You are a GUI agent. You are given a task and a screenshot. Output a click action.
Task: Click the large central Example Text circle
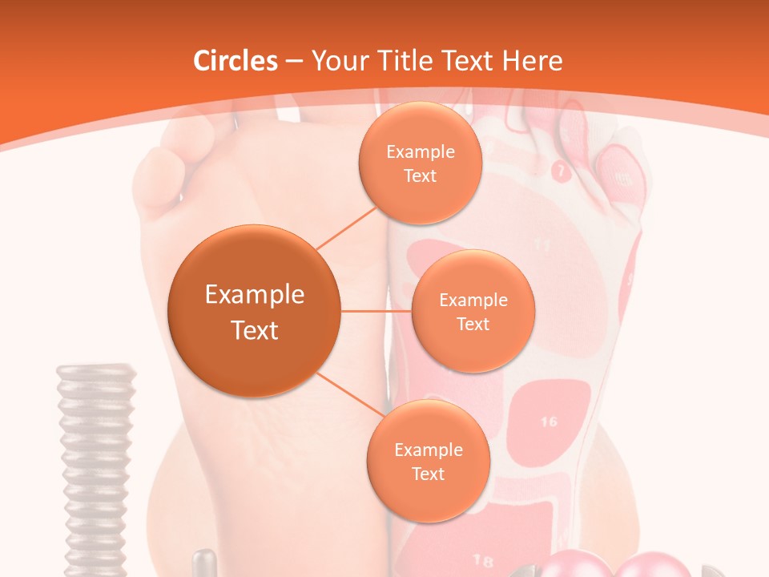tap(254, 311)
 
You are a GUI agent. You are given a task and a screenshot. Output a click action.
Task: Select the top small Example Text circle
tap(420, 163)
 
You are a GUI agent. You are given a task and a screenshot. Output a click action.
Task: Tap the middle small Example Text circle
tap(473, 311)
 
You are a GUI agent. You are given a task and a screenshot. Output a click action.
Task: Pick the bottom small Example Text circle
tap(428, 461)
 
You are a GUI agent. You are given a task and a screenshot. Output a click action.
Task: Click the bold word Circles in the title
tap(236, 61)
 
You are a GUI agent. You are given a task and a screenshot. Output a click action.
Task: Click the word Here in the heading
tap(533, 61)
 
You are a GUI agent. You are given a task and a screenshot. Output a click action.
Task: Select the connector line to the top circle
tap(348, 227)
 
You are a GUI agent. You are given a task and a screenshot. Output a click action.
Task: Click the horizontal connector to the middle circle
tap(376, 311)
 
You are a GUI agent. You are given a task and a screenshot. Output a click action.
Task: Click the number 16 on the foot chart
tap(549, 422)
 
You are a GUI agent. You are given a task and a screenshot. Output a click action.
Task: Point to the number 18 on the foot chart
tap(483, 559)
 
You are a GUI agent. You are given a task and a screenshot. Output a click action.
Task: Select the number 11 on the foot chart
tap(542, 244)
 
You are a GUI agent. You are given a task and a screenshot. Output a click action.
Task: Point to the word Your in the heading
tap(339, 61)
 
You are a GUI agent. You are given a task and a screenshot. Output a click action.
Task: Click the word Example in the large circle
tap(254, 295)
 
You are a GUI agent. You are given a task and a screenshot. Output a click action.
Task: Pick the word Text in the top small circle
tap(420, 176)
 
